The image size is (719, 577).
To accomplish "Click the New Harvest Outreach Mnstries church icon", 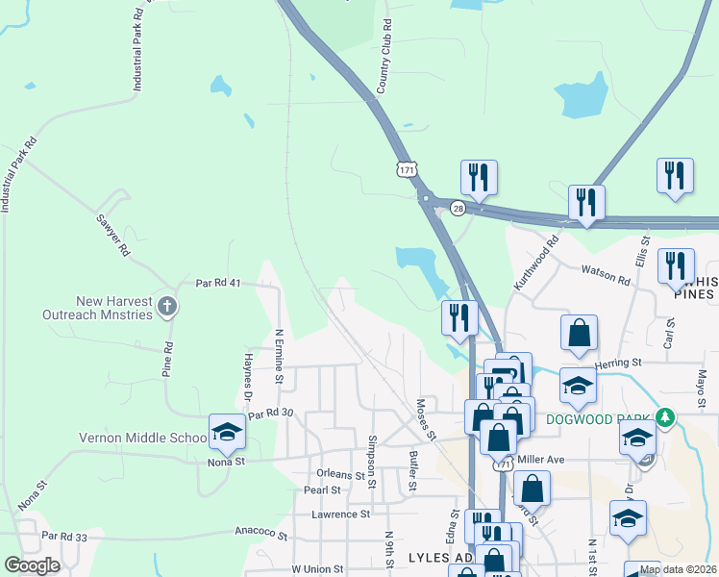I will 168,307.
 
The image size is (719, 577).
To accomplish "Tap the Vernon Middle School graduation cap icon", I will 227,432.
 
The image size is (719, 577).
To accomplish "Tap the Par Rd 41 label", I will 216,284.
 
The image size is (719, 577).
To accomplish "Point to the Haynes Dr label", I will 247,377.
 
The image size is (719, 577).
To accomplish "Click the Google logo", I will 32,565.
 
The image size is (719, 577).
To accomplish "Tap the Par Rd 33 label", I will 64,537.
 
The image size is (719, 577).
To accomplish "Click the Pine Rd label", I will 167,358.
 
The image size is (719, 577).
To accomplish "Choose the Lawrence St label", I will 340,514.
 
